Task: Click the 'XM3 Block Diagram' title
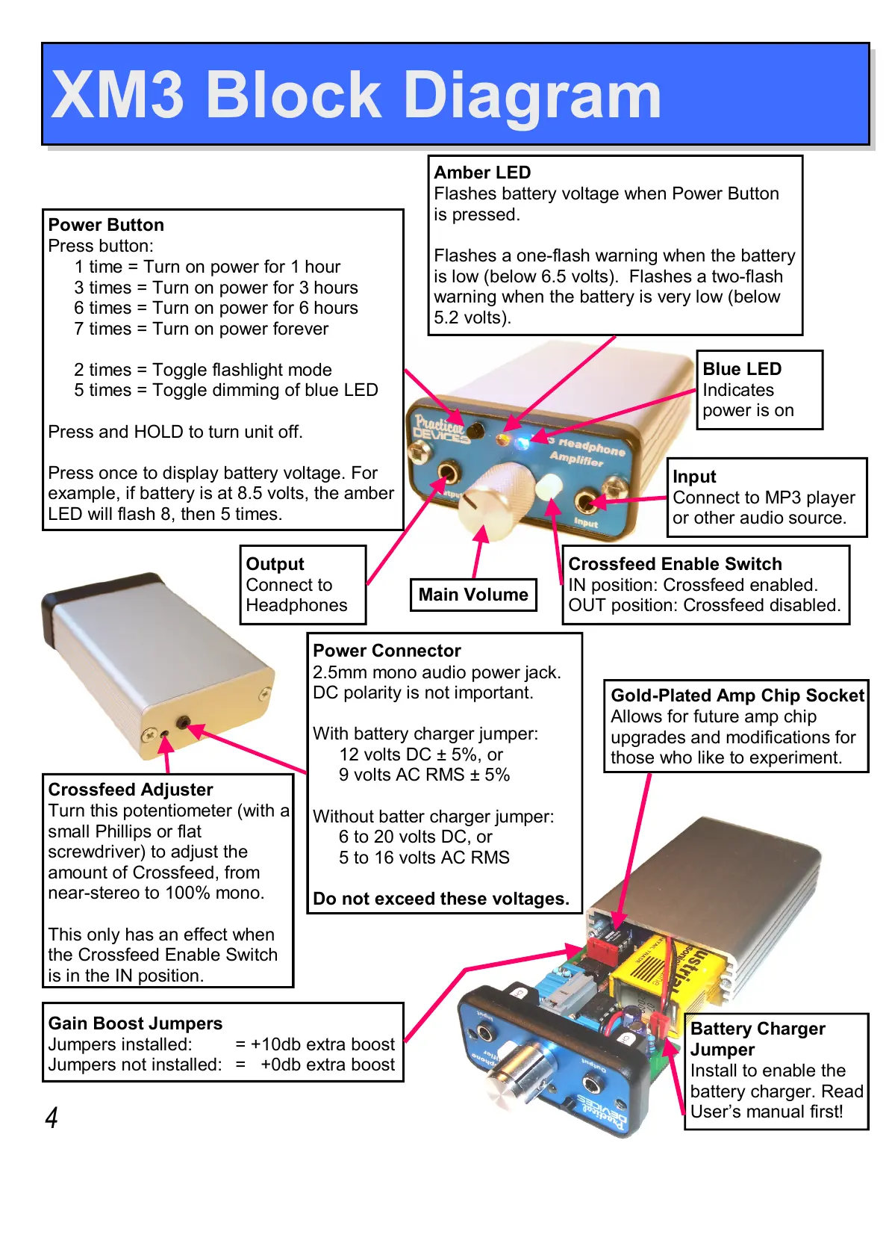tap(356, 95)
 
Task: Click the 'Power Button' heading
tap(106, 225)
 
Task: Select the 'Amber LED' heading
tap(482, 173)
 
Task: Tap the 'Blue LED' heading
tap(742, 369)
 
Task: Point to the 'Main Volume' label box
tap(473, 595)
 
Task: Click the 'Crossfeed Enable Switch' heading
tap(675, 564)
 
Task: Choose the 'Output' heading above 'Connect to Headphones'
tap(275, 564)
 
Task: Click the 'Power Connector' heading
tap(387, 651)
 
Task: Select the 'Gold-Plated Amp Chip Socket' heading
tap(737, 695)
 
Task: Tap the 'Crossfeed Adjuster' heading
tap(131, 790)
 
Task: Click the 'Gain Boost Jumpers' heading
tap(135, 1023)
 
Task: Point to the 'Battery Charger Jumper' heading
tap(757, 1038)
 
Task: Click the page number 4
tap(52, 1118)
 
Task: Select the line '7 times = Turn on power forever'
tap(201, 329)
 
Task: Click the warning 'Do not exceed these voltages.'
tap(440, 899)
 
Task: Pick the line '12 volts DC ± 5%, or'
tap(421, 755)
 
